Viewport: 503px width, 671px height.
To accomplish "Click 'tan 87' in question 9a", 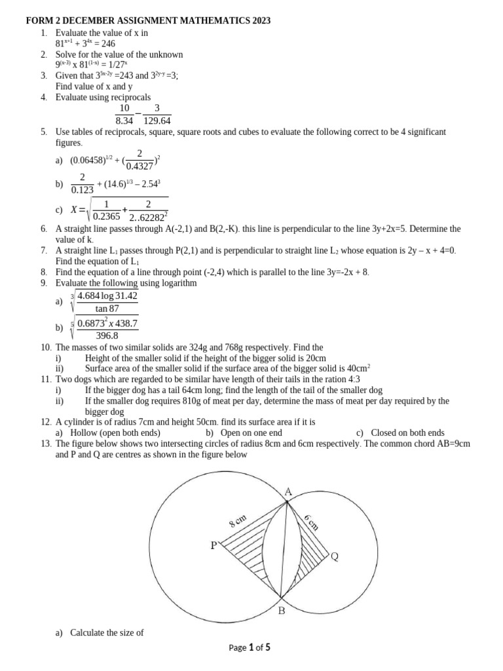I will [107, 309].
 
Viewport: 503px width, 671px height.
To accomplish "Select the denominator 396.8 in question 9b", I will [107, 336].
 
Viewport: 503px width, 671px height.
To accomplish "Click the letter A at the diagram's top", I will [288, 491].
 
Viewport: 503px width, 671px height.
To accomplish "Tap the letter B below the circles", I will [282, 611].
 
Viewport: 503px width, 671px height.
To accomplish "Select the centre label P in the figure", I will [214, 545].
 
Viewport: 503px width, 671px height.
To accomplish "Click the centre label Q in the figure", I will [335, 557].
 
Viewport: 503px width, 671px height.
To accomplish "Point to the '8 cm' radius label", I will [237, 522].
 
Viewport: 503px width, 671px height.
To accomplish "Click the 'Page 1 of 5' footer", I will [250, 647].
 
